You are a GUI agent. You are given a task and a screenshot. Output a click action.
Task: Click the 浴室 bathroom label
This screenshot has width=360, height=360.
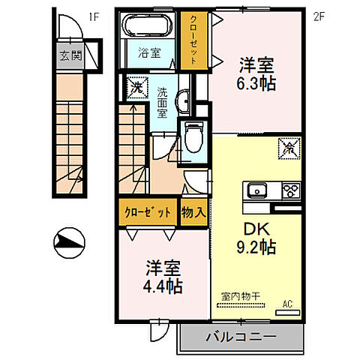[x=148, y=53]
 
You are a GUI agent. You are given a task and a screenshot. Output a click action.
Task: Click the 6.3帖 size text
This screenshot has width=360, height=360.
[x=256, y=84]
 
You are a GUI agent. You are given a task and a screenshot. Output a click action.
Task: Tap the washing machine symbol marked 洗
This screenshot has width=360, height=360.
[x=137, y=88]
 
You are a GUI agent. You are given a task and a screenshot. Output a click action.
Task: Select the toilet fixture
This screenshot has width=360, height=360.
[x=194, y=138]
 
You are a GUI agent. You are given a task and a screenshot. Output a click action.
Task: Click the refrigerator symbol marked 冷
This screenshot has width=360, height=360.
[x=289, y=148]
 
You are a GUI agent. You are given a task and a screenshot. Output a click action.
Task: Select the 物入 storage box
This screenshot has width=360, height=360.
[x=193, y=212]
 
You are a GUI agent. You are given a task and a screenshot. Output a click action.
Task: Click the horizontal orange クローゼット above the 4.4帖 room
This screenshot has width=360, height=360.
[x=147, y=212]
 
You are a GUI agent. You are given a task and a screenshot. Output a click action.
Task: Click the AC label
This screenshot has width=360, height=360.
[x=287, y=304]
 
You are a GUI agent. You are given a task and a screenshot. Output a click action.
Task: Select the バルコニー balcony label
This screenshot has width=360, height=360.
[x=240, y=338]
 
